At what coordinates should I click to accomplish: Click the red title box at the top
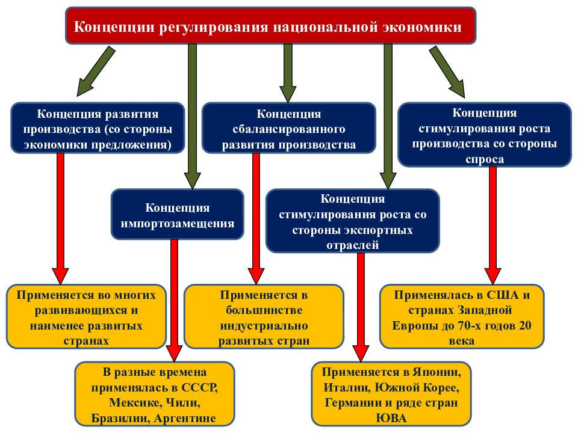[x=270, y=26]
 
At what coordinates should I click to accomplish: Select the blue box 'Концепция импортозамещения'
[x=177, y=214]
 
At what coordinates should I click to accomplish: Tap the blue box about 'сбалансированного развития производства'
[x=288, y=127]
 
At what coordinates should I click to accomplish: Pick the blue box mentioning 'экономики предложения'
[x=98, y=127]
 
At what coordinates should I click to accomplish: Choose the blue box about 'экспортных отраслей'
[x=352, y=221]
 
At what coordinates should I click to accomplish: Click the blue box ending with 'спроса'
[x=484, y=134]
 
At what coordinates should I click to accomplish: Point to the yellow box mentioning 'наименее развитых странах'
[x=86, y=317]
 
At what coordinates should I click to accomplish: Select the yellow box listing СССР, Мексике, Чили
[x=155, y=394]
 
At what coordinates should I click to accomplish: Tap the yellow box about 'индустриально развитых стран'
[x=264, y=317]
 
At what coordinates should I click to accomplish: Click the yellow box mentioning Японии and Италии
[x=391, y=394]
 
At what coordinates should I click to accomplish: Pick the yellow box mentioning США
[x=462, y=317]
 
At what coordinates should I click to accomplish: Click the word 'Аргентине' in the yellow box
[x=185, y=419]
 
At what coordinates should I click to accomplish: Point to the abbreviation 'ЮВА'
[x=391, y=418]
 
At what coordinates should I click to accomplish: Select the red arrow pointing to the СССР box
[x=175, y=301]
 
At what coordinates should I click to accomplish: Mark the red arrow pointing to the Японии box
[x=361, y=307]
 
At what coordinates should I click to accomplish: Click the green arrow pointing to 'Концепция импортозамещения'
[x=193, y=116]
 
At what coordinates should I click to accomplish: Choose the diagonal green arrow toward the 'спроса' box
[x=447, y=72]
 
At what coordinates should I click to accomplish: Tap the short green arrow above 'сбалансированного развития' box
[x=288, y=73]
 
